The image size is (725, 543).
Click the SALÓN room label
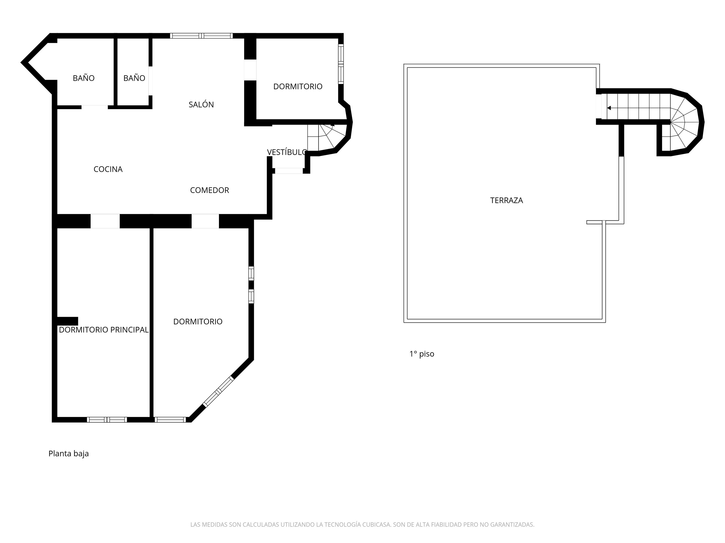(x=201, y=105)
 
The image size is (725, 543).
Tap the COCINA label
(x=108, y=169)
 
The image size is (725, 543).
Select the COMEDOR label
(x=209, y=190)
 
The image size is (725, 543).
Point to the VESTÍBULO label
(x=287, y=152)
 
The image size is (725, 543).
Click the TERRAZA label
(x=506, y=200)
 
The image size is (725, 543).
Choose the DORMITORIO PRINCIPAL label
(x=104, y=330)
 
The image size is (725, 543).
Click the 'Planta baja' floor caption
(x=68, y=454)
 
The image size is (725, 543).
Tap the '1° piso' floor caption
(x=422, y=354)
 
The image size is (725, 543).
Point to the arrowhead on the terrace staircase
(x=609, y=108)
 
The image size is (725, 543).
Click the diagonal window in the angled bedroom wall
(x=218, y=392)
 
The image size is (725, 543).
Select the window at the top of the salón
(x=201, y=36)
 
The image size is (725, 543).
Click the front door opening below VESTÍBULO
(x=289, y=171)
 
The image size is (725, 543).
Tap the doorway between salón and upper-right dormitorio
(x=250, y=70)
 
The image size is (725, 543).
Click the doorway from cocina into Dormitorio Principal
(x=105, y=221)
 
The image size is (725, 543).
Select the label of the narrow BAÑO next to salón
(x=134, y=78)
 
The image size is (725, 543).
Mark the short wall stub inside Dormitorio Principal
(x=68, y=321)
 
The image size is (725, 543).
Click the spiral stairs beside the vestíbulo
(x=327, y=138)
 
